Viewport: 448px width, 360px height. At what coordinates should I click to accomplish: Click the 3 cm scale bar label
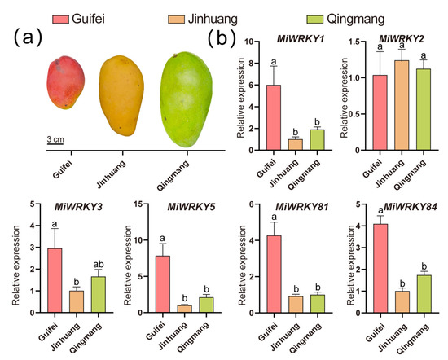point(55,139)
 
